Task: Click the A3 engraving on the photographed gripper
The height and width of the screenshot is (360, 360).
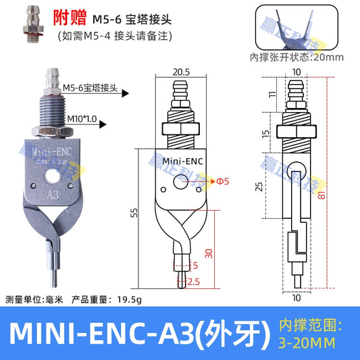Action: [x=51, y=195]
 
